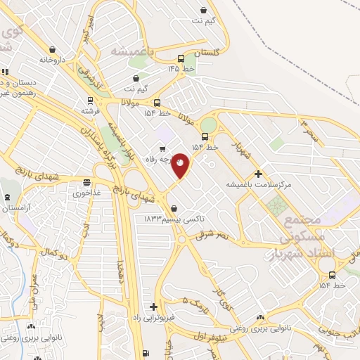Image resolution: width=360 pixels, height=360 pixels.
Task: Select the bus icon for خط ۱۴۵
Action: [x=182, y=59]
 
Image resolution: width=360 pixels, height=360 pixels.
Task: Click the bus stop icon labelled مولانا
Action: [x=156, y=102]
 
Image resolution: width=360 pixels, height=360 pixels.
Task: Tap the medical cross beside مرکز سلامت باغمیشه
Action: [x=259, y=173]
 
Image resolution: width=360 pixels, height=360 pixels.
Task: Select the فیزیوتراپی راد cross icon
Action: [x=153, y=307]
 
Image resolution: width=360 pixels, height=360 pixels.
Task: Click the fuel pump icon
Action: [x=145, y=353]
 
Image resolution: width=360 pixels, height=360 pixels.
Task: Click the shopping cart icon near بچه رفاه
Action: [x=163, y=148]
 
